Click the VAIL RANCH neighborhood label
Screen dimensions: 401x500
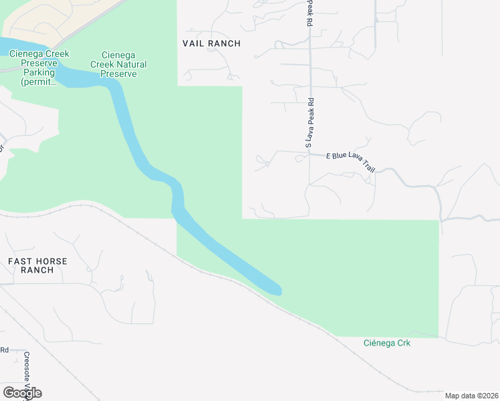[211, 43]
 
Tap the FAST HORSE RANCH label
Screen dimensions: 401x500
[37, 265]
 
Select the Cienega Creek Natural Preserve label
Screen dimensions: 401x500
[124, 64]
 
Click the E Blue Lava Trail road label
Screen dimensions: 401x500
[350, 164]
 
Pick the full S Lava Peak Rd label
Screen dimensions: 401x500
[309, 122]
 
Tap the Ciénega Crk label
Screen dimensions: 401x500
[386, 343]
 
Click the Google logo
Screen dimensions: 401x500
[22, 392]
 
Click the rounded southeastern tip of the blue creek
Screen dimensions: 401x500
[276, 291]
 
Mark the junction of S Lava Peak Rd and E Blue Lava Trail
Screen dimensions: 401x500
[309, 154]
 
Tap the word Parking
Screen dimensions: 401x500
[38, 72]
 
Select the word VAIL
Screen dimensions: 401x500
[195, 43]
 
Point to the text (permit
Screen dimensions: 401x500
[38, 82]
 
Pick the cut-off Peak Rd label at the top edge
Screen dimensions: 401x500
[309, 12]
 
